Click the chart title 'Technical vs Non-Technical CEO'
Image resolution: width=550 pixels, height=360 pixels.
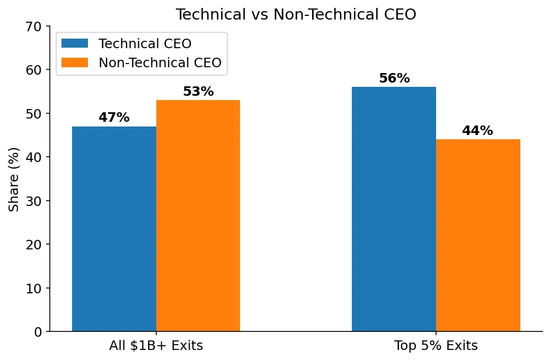click(296, 15)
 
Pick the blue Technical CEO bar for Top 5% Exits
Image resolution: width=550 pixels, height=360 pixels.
click(394, 209)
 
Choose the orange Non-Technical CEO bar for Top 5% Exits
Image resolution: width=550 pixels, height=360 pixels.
click(478, 235)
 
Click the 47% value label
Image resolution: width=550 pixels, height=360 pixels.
click(114, 118)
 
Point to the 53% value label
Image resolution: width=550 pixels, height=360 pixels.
click(198, 92)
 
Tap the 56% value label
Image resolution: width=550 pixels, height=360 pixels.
click(394, 78)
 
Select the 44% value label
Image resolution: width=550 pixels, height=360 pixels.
click(477, 131)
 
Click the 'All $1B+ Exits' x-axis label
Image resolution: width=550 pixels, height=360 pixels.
click(156, 346)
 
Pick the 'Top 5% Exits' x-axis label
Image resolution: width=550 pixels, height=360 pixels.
click(436, 346)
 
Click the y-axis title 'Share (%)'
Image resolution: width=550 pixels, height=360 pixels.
click(14, 179)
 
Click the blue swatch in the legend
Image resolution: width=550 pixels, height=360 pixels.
click(75, 43)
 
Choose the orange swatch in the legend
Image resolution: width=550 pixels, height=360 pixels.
click(75, 62)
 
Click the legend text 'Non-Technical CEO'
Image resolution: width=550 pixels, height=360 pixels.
click(159, 62)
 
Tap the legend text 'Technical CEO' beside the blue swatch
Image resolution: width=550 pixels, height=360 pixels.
click(145, 43)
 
